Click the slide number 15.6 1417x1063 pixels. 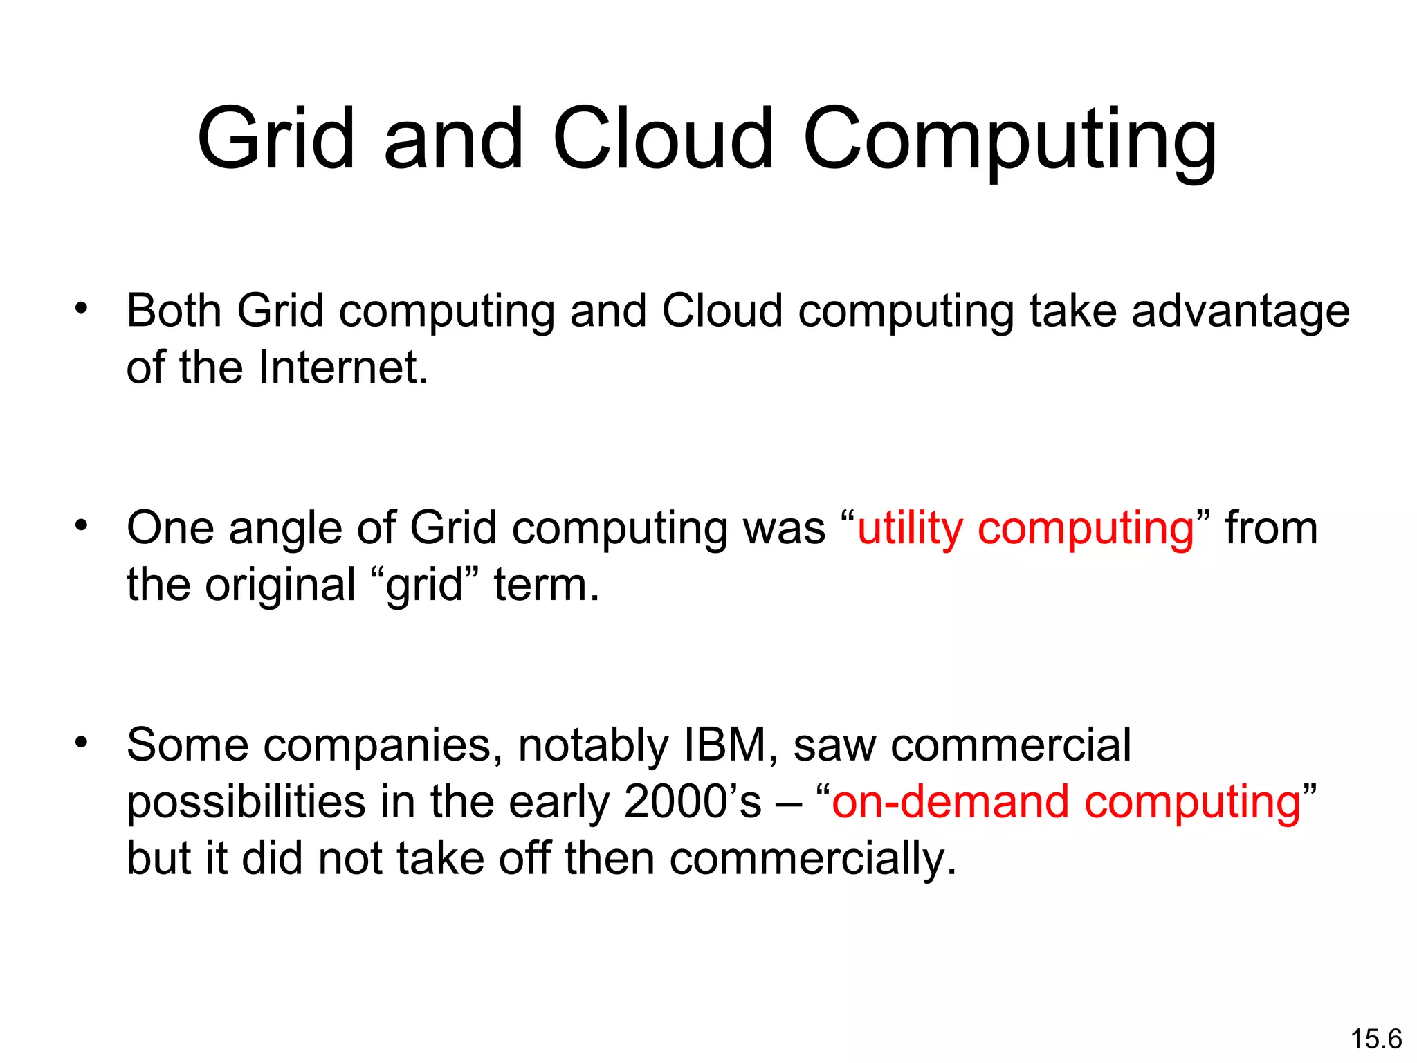1375,1039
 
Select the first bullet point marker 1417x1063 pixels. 82,309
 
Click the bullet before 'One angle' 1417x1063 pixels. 82,526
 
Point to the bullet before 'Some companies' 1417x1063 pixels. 82,743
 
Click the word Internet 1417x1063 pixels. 342,367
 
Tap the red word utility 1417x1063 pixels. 909,529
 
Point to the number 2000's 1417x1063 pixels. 692,802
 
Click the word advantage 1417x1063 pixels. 1240,311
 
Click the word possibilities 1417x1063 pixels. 246,802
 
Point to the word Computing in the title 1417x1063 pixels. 1009,140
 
